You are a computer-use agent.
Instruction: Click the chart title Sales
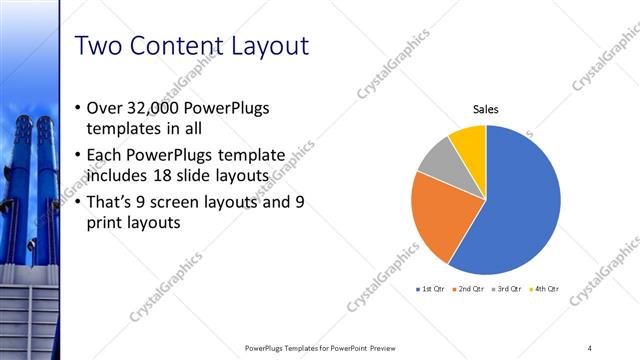pyautogui.click(x=486, y=110)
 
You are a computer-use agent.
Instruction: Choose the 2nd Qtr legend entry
pyautogui.click(x=471, y=289)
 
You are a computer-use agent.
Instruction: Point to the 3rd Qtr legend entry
pyautogui.click(x=507, y=289)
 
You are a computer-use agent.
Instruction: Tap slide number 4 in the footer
pyautogui.click(x=590, y=348)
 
